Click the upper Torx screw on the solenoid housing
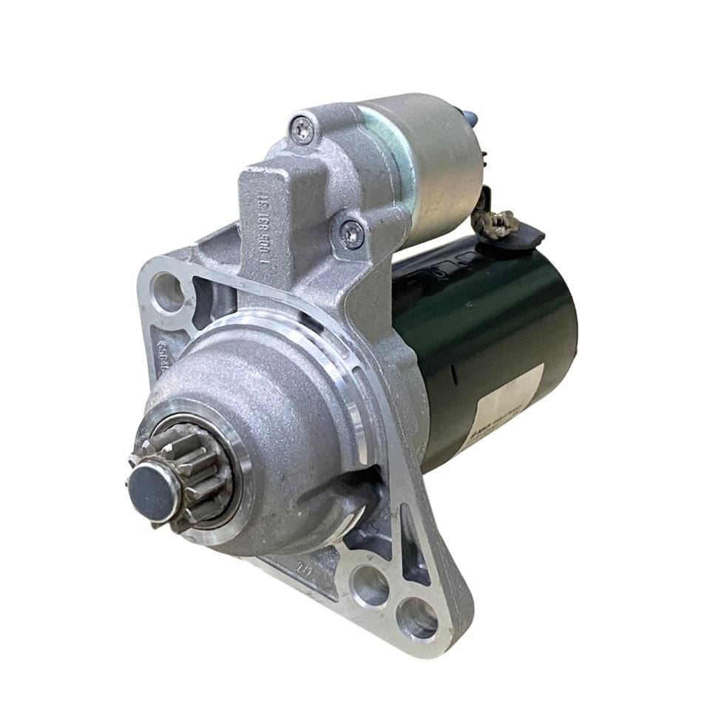[302, 130]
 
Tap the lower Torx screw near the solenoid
[351, 234]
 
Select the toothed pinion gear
[194, 473]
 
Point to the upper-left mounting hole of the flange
[168, 292]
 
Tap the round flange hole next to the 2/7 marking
[370, 586]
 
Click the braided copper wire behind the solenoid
[498, 220]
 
